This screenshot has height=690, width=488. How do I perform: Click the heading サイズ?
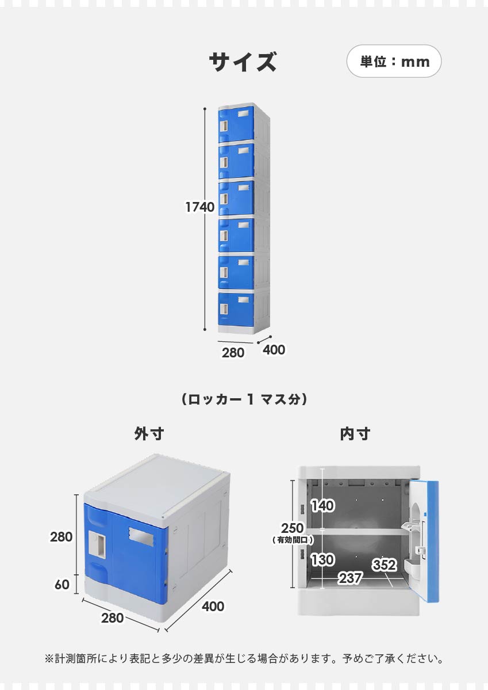click(243, 62)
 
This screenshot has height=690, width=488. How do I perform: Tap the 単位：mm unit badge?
click(394, 61)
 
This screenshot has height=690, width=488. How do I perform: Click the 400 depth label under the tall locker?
click(274, 349)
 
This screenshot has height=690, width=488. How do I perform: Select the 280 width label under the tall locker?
click(233, 353)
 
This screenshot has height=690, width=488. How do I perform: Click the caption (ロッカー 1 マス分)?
click(244, 399)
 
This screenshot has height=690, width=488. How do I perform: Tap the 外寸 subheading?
click(149, 434)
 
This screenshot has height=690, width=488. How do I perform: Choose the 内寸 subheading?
click(355, 434)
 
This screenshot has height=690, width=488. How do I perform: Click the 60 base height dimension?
click(62, 585)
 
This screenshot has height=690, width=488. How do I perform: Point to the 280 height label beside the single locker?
click(62, 537)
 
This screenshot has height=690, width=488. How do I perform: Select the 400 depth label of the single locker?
click(213, 606)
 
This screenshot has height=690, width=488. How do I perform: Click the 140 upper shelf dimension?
click(322, 506)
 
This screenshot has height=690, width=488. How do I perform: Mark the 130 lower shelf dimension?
click(322, 559)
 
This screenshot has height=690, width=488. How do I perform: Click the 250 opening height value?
click(292, 528)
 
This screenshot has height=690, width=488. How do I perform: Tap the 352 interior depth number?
click(384, 565)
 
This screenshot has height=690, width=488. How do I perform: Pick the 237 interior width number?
click(350, 578)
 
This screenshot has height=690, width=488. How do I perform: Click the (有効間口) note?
click(292, 540)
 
